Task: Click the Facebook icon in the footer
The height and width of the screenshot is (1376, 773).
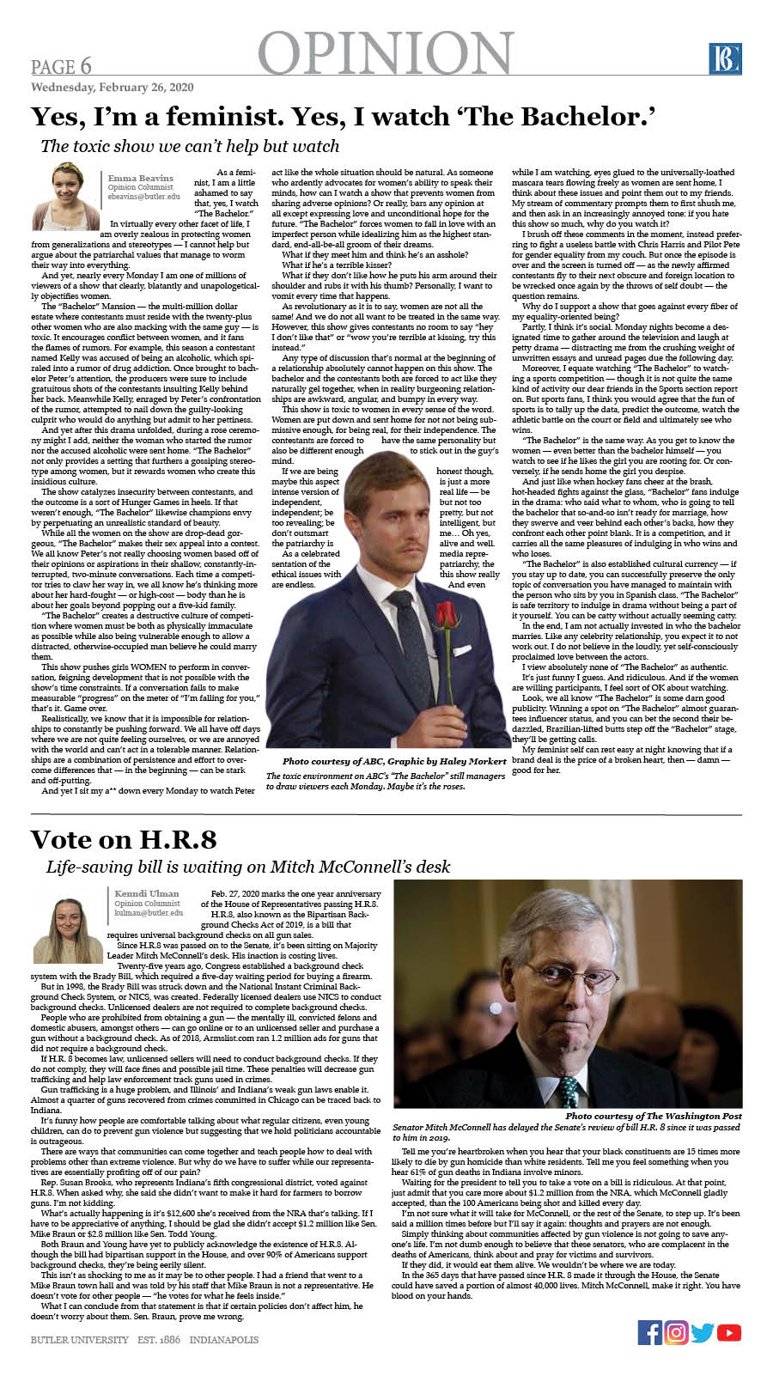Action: (650, 1332)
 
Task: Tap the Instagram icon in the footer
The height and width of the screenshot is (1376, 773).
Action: (676, 1332)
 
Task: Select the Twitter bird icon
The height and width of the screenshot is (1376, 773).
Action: (703, 1332)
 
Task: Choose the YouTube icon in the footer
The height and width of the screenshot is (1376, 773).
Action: (729, 1332)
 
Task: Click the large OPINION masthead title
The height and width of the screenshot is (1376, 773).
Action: (386, 53)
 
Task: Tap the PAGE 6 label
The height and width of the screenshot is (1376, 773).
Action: (61, 67)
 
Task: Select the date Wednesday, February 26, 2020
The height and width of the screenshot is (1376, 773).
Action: (112, 88)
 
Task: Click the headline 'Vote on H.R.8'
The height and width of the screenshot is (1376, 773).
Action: (124, 839)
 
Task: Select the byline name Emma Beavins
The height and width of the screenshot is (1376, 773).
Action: (140, 178)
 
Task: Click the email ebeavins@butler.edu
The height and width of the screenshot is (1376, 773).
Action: (143, 197)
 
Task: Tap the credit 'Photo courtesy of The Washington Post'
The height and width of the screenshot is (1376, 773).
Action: (653, 1116)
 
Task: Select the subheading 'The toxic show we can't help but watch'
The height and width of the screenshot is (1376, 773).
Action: (190, 146)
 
